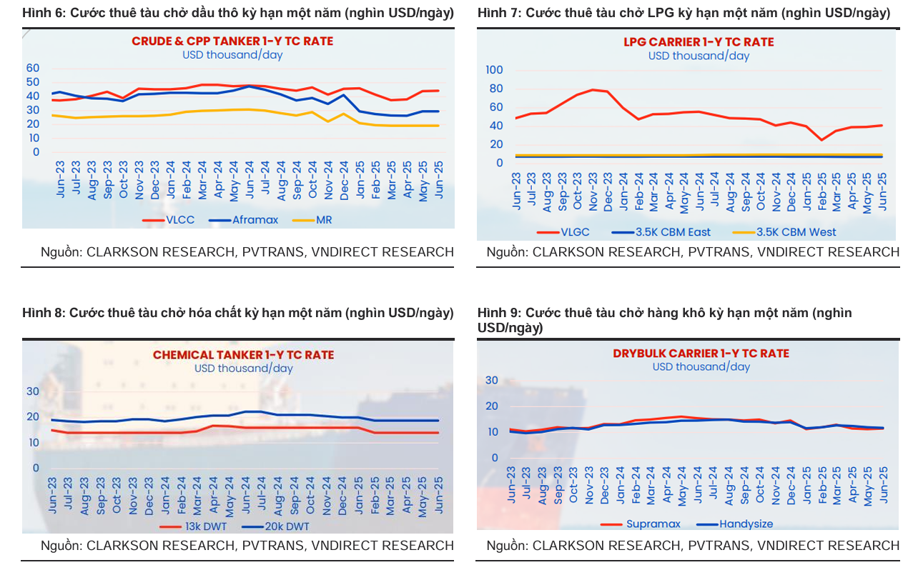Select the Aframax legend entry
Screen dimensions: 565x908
255,220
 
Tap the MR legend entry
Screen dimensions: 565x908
324,220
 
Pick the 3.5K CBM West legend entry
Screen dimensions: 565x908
796,231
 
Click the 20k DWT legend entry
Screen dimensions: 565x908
286,526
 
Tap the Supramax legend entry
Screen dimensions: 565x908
653,524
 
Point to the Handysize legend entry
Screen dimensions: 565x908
746,524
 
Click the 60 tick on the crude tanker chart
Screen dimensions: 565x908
33,68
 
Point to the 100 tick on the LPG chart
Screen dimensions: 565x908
494,70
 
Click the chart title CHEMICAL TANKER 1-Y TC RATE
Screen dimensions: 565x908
243,355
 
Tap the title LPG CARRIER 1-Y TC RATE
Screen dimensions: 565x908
699,42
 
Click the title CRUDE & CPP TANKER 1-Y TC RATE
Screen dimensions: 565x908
232,41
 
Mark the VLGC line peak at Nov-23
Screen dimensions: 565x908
592,90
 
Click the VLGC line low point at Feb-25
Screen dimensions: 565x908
821,140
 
